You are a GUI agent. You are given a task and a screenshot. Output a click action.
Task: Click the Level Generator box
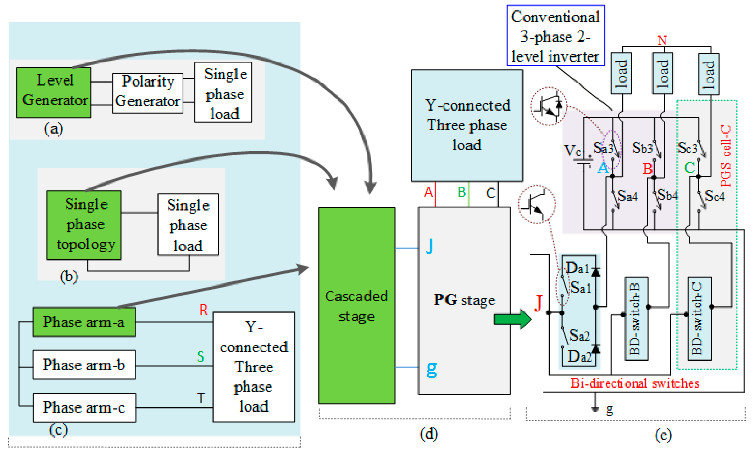[x=53, y=92]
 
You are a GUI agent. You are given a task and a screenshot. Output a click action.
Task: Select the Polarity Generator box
[x=148, y=93]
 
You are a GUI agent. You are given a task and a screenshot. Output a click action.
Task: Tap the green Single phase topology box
[x=84, y=225]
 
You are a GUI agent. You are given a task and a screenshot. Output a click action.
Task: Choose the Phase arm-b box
[x=84, y=365]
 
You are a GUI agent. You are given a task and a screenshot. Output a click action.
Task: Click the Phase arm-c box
[x=84, y=408]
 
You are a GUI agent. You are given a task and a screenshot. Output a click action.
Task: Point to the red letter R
[x=203, y=310]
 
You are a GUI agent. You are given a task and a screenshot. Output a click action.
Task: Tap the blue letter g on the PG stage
[x=432, y=369]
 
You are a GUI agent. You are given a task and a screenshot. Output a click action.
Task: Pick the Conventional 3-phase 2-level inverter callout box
[x=556, y=35]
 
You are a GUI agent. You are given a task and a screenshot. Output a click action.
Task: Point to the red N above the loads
[x=662, y=40]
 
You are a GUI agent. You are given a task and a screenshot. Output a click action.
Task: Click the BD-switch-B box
[x=637, y=319]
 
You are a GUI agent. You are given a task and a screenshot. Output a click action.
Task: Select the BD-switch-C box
[x=700, y=319]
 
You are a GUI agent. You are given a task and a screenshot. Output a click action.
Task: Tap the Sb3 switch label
[x=642, y=148]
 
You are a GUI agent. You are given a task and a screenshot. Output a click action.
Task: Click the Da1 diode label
[x=577, y=268]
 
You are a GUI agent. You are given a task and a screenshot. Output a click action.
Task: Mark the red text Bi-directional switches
[x=635, y=383]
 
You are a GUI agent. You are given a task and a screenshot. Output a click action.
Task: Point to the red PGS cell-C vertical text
[x=726, y=156]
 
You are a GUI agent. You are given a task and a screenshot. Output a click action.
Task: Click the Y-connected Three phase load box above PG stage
[x=467, y=125]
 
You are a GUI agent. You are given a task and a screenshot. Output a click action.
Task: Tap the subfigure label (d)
[x=429, y=434]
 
